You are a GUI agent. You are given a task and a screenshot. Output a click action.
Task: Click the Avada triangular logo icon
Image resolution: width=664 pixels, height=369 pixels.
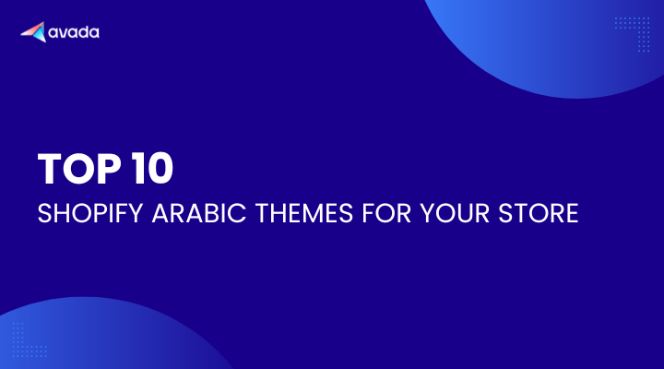[34, 31]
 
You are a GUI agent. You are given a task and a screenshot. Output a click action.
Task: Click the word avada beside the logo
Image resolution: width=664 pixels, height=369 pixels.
[74, 32]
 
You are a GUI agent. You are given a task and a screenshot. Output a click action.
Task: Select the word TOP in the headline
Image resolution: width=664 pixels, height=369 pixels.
[79, 168]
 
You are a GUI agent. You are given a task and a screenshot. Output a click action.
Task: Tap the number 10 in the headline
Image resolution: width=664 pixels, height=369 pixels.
[152, 168]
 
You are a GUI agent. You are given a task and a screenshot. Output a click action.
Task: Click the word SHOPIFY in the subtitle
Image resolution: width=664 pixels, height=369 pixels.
[90, 213]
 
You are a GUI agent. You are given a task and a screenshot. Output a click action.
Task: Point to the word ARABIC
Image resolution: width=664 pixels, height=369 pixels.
[199, 213]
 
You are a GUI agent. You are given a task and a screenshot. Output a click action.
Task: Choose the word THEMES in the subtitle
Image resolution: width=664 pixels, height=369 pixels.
[304, 213]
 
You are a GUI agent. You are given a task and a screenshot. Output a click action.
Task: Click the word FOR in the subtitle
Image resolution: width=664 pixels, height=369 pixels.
[386, 213]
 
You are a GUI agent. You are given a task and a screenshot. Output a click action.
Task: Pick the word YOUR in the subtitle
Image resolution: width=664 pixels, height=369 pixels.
[455, 213]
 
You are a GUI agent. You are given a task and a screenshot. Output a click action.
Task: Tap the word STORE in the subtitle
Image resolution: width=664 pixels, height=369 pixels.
[539, 213]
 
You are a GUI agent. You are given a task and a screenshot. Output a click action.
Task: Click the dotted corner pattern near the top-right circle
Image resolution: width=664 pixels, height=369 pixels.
[633, 34]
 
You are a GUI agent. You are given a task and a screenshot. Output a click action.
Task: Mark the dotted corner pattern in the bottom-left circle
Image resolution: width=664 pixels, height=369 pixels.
[30, 339]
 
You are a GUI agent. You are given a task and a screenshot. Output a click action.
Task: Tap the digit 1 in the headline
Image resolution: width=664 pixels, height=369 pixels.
[137, 168]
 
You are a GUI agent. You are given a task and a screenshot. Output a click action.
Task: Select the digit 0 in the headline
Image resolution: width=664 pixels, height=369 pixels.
[160, 168]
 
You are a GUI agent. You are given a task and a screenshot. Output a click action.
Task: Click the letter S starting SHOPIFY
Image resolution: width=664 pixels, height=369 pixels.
[44, 213]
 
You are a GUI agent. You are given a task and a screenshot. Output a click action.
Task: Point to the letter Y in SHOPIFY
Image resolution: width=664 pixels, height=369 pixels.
[135, 213]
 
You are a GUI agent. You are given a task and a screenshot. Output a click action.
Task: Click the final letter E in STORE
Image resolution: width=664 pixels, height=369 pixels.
[572, 213]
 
